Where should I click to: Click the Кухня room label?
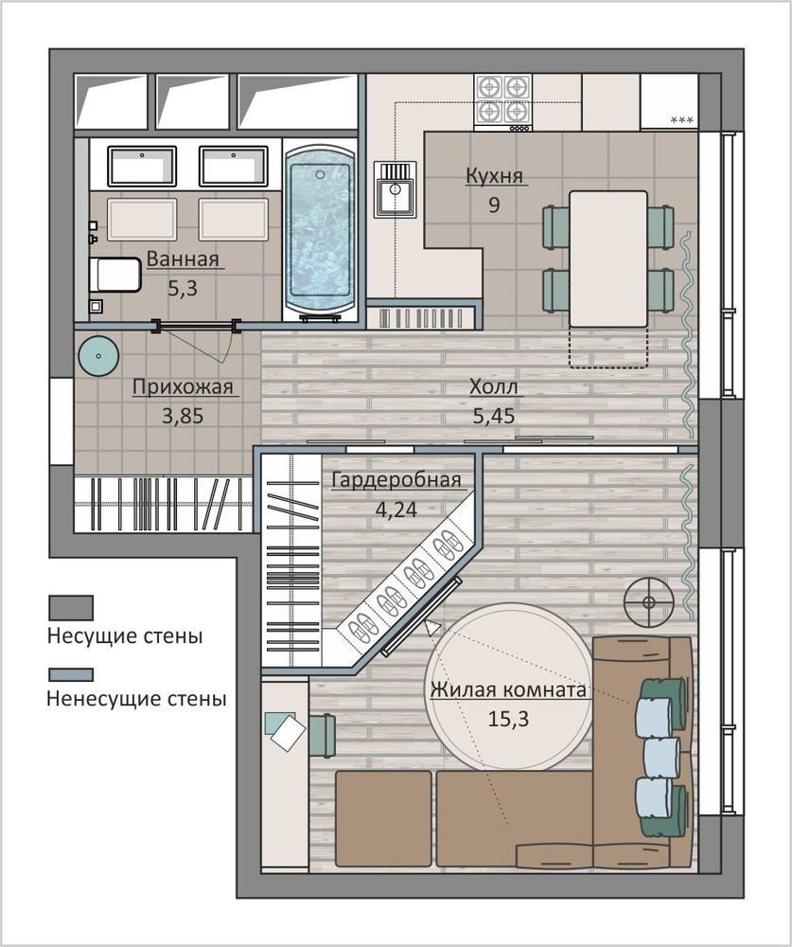(x=494, y=176)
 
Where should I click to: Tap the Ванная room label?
(x=183, y=259)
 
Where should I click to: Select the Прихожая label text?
(x=183, y=386)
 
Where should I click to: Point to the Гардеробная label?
(x=396, y=480)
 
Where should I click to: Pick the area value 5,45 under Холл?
(x=494, y=416)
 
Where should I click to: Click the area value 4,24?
(x=396, y=509)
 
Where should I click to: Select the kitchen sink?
(x=396, y=188)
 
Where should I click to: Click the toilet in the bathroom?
(x=114, y=275)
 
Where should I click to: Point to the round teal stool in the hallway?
(x=98, y=356)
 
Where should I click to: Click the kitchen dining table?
(x=608, y=259)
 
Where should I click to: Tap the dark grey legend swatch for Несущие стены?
(x=71, y=608)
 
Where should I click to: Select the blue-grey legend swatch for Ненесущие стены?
(x=71, y=674)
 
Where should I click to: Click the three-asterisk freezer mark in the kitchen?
(x=682, y=121)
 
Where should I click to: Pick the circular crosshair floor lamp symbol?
(x=649, y=602)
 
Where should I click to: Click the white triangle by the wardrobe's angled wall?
(x=432, y=628)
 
